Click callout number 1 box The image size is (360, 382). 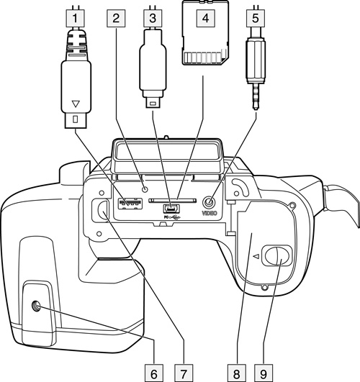(75, 18)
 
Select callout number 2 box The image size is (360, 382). (116, 18)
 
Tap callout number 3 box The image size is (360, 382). (153, 18)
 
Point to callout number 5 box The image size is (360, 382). (256, 18)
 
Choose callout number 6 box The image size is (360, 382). (154, 373)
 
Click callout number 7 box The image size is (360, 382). (184, 373)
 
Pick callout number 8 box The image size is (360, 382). (237, 373)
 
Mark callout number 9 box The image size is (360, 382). (264, 373)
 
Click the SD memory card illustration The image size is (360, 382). (206, 33)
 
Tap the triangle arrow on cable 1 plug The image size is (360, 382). (76, 104)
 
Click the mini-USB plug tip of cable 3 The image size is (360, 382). (153, 102)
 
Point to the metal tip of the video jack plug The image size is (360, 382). (256, 96)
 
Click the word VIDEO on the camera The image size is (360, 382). (210, 213)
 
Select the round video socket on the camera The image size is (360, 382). (210, 202)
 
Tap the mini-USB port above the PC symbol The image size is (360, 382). (171, 209)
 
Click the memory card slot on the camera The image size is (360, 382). (172, 201)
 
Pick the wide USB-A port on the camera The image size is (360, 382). (130, 204)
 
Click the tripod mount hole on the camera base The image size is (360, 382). (37, 306)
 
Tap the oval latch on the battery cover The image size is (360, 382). (276, 256)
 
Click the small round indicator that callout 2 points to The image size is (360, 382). (145, 189)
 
